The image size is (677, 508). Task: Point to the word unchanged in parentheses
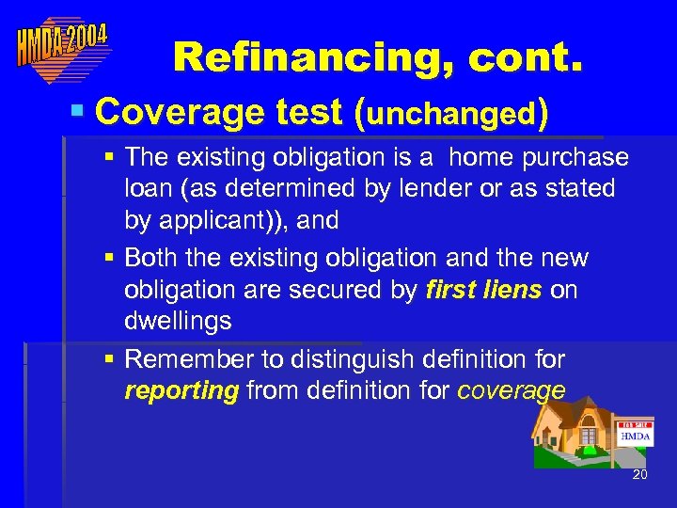coord(451,114)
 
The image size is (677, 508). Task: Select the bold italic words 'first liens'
coord(483,290)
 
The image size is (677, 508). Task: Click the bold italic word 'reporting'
coord(181,391)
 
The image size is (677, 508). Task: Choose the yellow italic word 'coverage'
coord(512,391)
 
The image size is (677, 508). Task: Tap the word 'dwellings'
coord(178,322)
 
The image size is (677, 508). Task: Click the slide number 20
coord(639,474)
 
